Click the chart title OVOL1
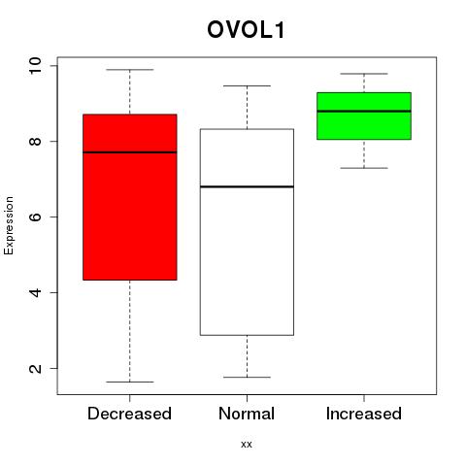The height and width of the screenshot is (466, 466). click(x=246, y=30)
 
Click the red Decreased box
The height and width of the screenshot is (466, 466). click(x=130, y=197)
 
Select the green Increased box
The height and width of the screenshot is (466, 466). click(x=364, y=116)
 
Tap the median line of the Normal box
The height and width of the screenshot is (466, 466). click(x=247, y=186)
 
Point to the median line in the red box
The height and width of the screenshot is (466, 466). click(x=130, y=152)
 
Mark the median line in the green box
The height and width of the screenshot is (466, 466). click(x=364, y=111)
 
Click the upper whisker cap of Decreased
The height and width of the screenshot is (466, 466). click(x=130, y=70)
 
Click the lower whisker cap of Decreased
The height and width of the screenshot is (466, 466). click(x=130, y=382)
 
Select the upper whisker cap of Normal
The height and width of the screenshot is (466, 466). click(x=247, y=85)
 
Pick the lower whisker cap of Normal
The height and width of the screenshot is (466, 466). click(x=247, y=377)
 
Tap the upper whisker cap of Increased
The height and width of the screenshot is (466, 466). click(x=364, y=74)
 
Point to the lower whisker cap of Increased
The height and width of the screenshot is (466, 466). click(x=364, y=168)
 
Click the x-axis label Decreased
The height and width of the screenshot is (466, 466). click(x=129, y=414)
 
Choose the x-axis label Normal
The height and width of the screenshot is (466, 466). click(x=247, y=414)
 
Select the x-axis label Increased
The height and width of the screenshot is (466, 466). click(x=364, y=414)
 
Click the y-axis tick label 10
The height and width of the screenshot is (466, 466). click(x=35, y=66)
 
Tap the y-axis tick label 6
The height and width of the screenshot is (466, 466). click(x=35, y=216)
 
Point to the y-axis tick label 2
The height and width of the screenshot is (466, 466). click(x=35, y=368)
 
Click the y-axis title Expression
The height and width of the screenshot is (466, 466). click(x=9, y=225)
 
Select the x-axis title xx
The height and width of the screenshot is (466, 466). click(x=247, y=445)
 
